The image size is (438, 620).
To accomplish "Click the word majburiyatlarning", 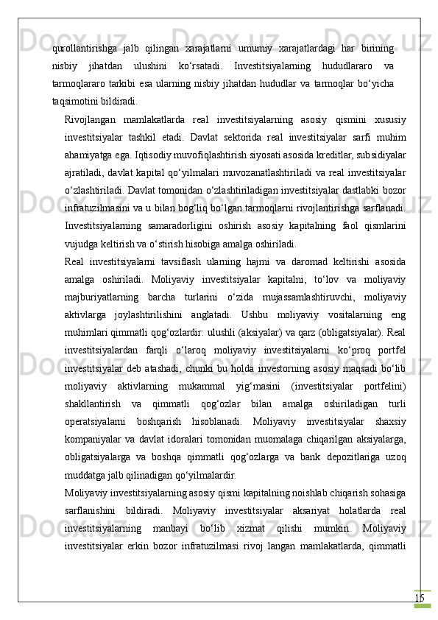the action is point(101,295).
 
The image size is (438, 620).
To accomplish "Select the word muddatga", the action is point(83,472).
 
